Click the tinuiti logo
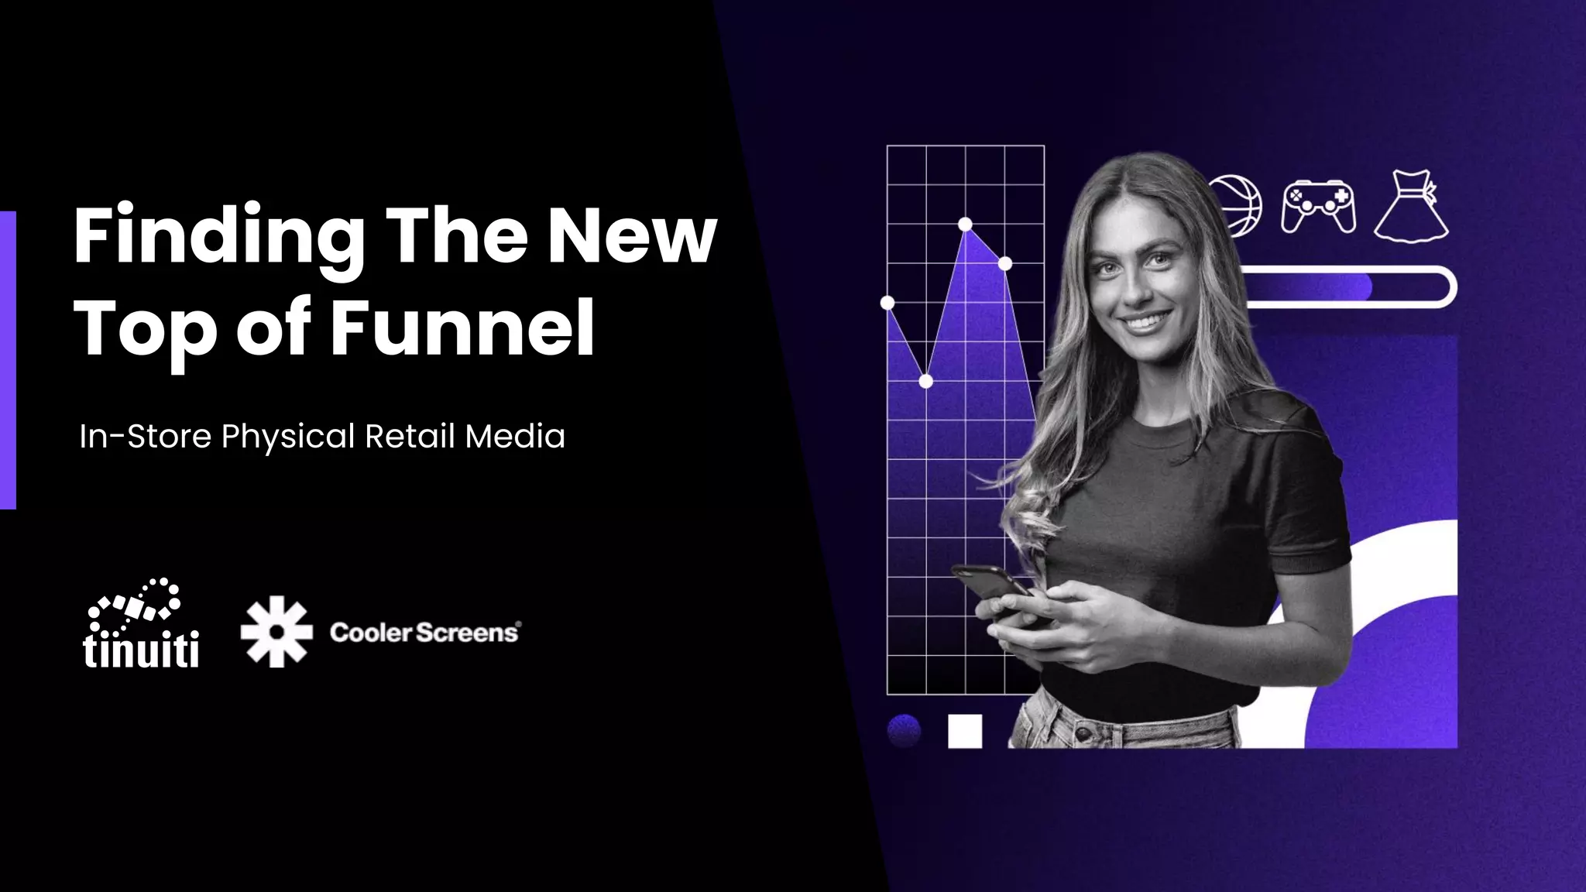(140, 623)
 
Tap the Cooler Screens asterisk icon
(276, 631)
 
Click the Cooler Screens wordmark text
(424, 633)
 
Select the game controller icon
(1318, 206)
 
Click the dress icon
(1411, 208)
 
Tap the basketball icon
(1238, 204)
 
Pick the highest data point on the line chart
(965, 225)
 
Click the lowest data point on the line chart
(925, 381)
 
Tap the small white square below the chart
(965, 731)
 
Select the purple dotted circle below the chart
(904, 730)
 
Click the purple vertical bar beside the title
(8, 360)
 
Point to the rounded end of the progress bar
(1445, 287)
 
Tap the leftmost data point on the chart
(887, 302)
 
